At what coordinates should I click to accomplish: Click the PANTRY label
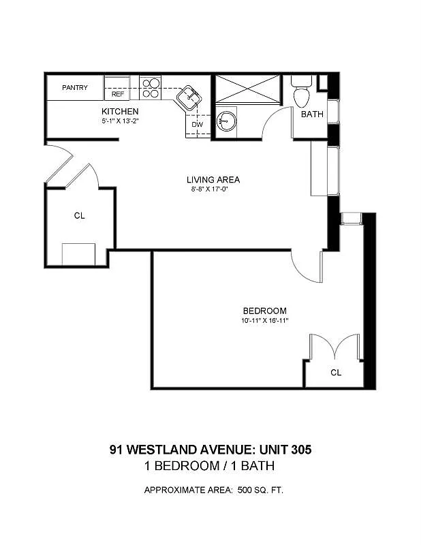click(x=75, y=88)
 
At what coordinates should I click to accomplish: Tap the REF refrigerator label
click(x=118, y=94)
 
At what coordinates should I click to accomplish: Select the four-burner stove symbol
click(x=150, y=88)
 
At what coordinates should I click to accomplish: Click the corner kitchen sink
click(x=189, y=97)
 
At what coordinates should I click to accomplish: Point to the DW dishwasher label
click(x=197, y=125)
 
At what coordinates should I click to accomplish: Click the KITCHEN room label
click(x=120, y=112)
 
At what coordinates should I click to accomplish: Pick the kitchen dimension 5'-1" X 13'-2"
click(x=121, y=121)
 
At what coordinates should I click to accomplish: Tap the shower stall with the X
click(x=247, y=89)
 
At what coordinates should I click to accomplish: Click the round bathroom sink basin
click(x=226, y=121)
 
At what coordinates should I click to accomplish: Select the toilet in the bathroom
click(x=301, y=92)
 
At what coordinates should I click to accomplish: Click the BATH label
click(x=312, y=114)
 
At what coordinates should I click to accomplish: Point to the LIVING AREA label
click(x=213, y=180)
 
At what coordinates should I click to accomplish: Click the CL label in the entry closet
click(x=79, y=216)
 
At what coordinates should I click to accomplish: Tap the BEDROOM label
click(x=265, y=311)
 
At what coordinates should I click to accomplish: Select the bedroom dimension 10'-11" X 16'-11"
click(x=265, y=320)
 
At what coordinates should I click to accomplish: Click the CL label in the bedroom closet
click(x=336, y=373)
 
